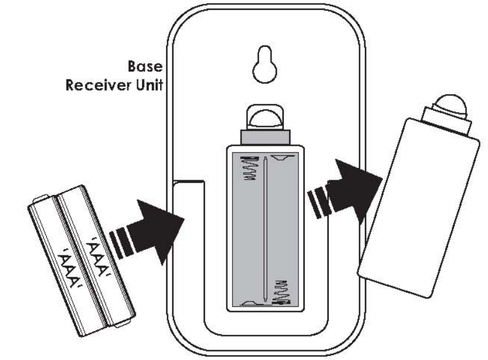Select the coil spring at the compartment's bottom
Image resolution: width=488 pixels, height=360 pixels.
[x=282, y=289]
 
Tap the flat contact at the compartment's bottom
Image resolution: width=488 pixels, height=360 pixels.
[x=250, y=302]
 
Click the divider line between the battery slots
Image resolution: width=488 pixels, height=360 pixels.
[x=265, y=228]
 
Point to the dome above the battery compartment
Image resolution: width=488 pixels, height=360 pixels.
[x=264, y=118]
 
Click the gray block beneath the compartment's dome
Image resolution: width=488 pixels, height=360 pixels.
[x=264, y=136]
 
